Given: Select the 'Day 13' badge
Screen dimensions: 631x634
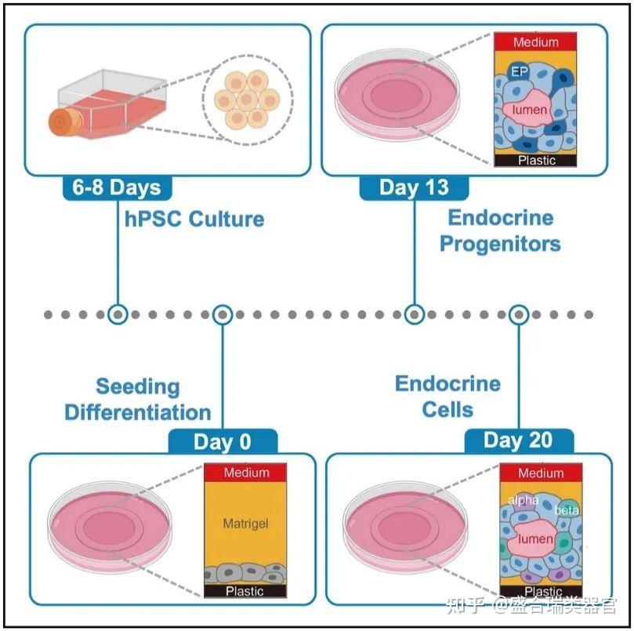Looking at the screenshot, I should point(414,187).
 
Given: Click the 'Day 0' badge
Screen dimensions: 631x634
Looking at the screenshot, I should point(223,441).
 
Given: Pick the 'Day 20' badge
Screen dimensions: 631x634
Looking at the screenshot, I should point(518,441).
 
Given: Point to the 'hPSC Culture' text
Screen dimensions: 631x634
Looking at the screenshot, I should point(194,218).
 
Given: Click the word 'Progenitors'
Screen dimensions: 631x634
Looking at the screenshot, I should point(500,243).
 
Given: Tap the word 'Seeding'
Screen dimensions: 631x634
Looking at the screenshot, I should point(137,386).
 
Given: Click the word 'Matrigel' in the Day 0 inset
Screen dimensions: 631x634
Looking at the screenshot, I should point(245,523).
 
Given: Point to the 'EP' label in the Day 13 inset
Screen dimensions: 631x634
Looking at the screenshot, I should point(519,71).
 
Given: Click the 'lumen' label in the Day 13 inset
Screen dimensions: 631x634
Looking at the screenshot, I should point(530,110).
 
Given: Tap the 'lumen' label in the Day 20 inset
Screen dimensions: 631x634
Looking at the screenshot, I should point(535,539).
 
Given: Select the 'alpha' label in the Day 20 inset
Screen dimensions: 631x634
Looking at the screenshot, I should point(523,499).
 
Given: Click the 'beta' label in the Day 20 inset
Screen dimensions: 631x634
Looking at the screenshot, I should point(566,510).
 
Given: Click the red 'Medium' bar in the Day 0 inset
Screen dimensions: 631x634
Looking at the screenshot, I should point(245,473).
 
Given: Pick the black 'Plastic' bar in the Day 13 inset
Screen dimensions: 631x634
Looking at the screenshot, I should point(536,160).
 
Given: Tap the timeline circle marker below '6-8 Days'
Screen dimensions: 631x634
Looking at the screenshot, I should point(118,314).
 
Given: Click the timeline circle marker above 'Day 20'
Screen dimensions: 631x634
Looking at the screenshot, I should point(518,314).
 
